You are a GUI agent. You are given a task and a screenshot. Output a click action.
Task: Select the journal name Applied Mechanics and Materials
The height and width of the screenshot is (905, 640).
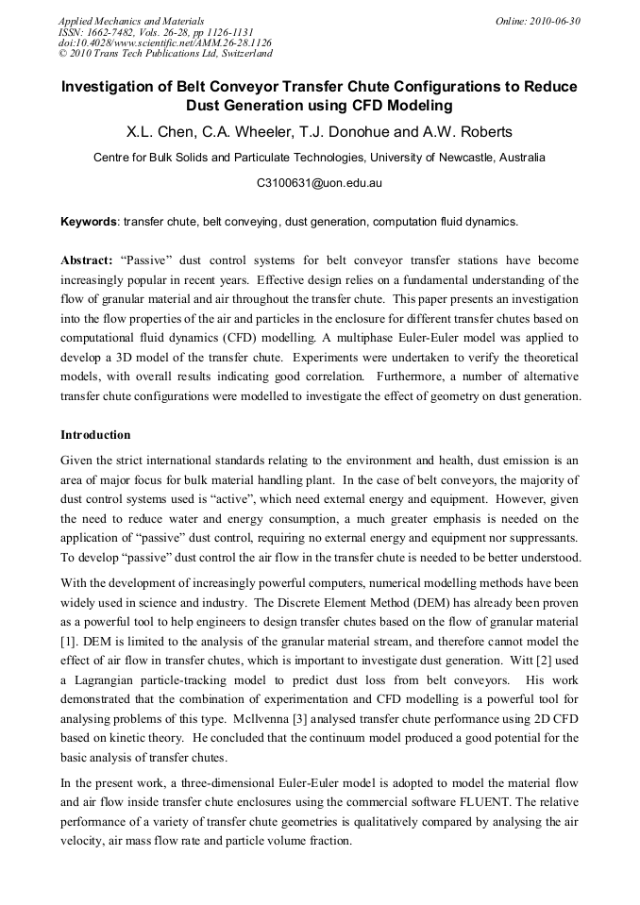pyautogui.click(x=131, y=20)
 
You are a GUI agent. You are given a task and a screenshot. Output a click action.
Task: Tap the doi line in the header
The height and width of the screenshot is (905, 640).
pyautogui.click(x=164, y=42)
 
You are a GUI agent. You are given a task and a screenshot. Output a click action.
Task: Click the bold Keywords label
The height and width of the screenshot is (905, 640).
pyautogui.click(x=88, y=223)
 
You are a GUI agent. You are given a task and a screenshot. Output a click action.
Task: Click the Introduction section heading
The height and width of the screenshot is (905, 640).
pyautogui.click(x=95, y=435)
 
